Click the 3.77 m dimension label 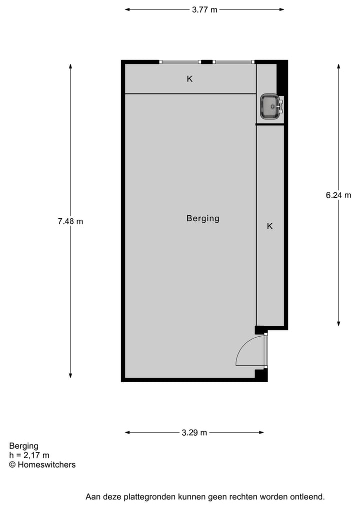[204, 9]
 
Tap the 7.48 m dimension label [70, 221]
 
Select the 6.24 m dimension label [338, 195]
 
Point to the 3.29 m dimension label [194, 433]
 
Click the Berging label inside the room [202, 218]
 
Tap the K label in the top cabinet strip [189, 79]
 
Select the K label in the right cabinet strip [269, 226]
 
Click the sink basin [270, 106]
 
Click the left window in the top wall [180, 62]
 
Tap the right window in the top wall [233, 62]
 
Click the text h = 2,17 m [29, 455]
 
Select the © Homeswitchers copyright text [42, 465]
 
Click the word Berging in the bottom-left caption [23, 446]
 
